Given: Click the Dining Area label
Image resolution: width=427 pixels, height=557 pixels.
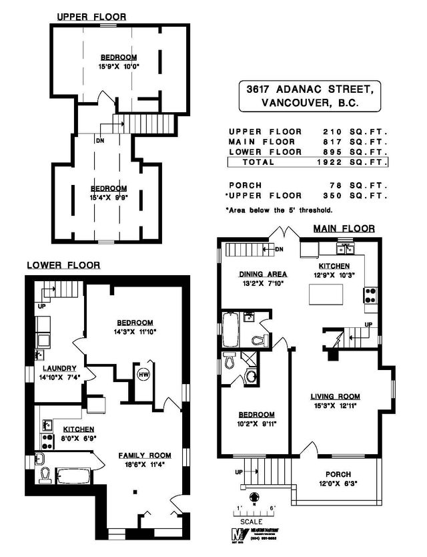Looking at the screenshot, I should [x=263, y=274].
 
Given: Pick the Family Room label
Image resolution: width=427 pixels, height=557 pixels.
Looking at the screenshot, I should [x=141, y=455].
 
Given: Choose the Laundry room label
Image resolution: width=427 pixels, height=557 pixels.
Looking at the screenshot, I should [x=60, y=368].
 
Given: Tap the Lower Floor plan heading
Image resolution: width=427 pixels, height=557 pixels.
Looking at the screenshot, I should [x=63, y=265].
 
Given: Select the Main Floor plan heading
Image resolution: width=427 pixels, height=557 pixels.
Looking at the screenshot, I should [x=344, y=228].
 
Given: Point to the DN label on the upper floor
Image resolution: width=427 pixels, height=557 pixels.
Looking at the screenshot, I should [x=100, y=141].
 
